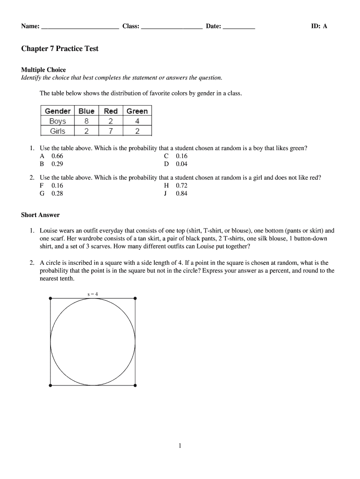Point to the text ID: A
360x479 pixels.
click(319, 26)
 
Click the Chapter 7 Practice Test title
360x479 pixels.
click(60, 49)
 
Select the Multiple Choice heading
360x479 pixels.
click(43, 70)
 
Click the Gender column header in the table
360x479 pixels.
click(58, 111)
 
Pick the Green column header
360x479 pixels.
click(137, 111)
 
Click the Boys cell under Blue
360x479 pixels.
click(86, 121)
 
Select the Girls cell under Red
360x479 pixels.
click(111, 131)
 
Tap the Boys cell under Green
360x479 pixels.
click(137, 121)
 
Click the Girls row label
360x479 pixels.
click(58, 131)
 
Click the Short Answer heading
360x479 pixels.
click(40, 215)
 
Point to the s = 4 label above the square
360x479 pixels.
click(93, 294)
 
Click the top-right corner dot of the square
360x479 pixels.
click(136, 298)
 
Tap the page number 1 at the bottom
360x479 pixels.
click(180, 446)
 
